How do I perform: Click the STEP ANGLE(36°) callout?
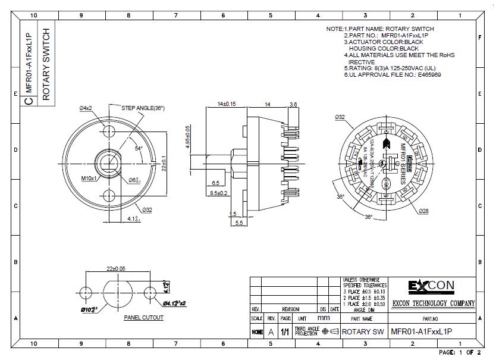click(143, 108)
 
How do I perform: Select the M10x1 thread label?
click(89, 177)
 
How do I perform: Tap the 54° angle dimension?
click(139, 148)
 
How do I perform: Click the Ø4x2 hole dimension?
click(86, 108)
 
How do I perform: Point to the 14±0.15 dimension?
click(226, 104)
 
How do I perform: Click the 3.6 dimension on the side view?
click(293, 104)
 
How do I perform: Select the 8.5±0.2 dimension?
click(219, 193)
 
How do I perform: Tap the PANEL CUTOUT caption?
click(143, 318)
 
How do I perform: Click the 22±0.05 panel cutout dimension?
click(116, 269)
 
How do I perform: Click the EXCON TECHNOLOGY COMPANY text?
click(433, 303)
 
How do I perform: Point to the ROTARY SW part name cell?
click(364, 331)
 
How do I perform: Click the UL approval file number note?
click(392, 75)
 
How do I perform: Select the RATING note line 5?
click(392, 68)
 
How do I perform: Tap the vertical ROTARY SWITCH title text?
click(46, 64)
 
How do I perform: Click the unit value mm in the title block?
click(323, 318)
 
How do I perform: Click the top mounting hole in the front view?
click(109, 131)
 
